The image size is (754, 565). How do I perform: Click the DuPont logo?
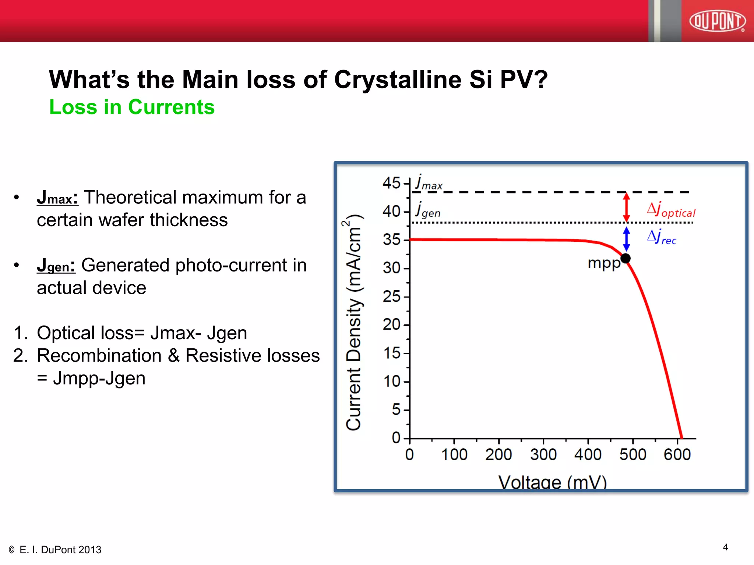[x=717, y=21]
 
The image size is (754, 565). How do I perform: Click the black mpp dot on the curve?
[x=626, y=259]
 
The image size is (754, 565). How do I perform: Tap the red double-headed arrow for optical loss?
[x=626, y=207]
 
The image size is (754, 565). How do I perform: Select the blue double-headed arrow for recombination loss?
[x=626, y=239]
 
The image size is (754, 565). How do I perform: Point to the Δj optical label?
[x=671, y=210]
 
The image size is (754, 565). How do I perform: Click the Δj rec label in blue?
[x=662, y=237]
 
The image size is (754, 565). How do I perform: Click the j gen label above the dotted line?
[x=428, y=210]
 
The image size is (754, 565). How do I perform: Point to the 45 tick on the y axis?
[x=391, y=183]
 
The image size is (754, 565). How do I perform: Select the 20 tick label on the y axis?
[x=391, y=324]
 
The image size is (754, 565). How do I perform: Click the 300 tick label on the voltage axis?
[x=543, y=455]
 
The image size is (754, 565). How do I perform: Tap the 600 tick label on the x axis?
[x=677, y=455]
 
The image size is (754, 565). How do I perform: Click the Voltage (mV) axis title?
[x=552, y=482]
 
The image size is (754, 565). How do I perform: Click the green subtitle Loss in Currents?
[x=132, y=107]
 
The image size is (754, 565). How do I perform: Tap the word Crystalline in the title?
[x=398, y=80]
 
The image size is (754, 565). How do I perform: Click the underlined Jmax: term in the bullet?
[x=57, y=198]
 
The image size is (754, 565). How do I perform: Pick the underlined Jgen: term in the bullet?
[x=56, y=266]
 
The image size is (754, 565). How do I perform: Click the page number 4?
[x=725, y=547]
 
